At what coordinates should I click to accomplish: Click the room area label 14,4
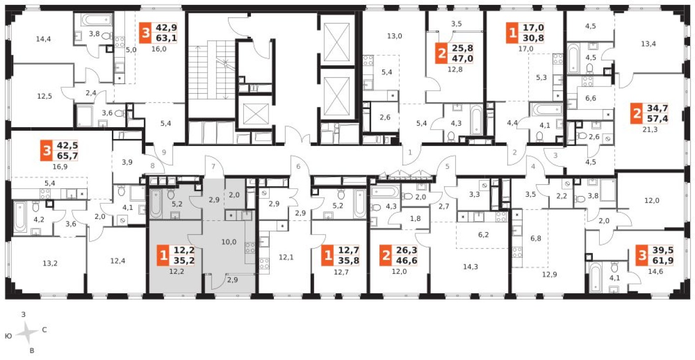pyautogui.click(x=44, y=37)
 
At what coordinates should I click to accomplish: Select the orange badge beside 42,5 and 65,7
pyautogui.click(x=47, y=151)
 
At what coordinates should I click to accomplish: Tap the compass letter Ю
pyautogui.click(x=8, y=336)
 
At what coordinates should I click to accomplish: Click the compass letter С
pyautogui.click(x=44, y=330)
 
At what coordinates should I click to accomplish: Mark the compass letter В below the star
pyautogui.click(x=32, y=351)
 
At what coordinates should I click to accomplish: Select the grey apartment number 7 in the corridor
pyautogui.click(x=213, y=166)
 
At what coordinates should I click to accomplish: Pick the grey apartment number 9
pyautogui.click(x=164, y=152)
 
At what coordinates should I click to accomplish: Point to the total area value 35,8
pyautogui.click(x=348, y=260)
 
